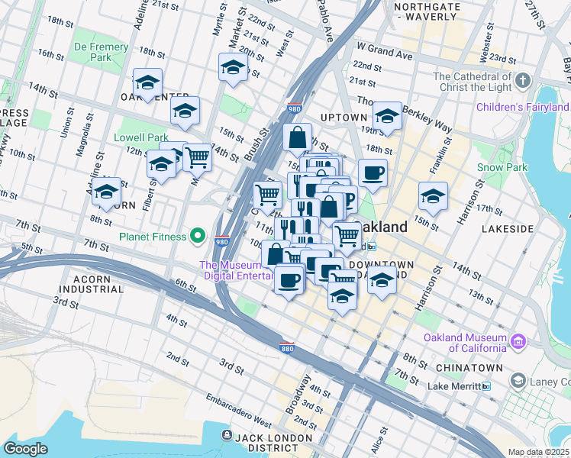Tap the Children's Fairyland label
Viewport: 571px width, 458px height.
coord(522,106)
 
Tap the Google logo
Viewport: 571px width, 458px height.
coord(26,449)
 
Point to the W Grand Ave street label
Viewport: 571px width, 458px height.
coord(385,56)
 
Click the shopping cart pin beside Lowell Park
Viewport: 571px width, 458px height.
coord(197,157)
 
